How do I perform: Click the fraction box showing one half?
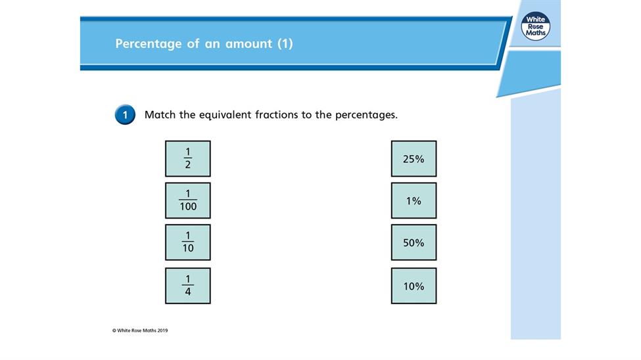(x=187, y=158)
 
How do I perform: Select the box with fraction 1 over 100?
(x=187, y=200)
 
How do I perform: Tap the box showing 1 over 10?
(x=187, y=242)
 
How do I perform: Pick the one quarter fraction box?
(x=187, y=286)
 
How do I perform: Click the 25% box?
(x=414, y=158)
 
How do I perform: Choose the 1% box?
(x=414, y=200)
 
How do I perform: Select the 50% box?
(x=414, y=242)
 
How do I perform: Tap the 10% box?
(x=414, y=286)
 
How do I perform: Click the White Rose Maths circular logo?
(x=536, y=26)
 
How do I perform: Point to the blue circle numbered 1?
(x=125, y=115)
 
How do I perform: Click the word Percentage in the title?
(x=149, y=44)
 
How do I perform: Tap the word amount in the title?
(x=249, y=44)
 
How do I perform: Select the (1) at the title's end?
(x=285, y=43)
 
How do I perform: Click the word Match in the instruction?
(x=160, y=114)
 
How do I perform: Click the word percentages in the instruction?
(x=366, y=115)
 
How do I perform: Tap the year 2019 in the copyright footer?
(x=162, y=330)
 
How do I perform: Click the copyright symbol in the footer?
(x=114, y=330)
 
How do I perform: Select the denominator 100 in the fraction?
(x=188, y=207)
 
